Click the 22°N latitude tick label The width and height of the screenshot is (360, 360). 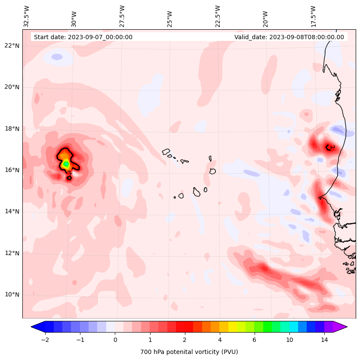(x=12, y=46)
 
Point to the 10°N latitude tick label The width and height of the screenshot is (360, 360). (x=12, y=295)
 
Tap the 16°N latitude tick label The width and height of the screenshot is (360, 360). (x=12, y=170)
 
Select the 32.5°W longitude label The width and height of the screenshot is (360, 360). (x=27, y=16)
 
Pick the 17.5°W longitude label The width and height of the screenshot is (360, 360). (x=313, y=16)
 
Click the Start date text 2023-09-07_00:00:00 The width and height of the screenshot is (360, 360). (x=83, y=37)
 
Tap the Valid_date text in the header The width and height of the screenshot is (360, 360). (x=289, y=37)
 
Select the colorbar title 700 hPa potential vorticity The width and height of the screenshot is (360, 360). (x=189, y=352)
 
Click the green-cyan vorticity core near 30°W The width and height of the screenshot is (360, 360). (x=66, y=164)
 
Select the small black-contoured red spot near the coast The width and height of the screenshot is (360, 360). (x=330, y=148)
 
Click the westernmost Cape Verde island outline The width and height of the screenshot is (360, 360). (x=166, y=152)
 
